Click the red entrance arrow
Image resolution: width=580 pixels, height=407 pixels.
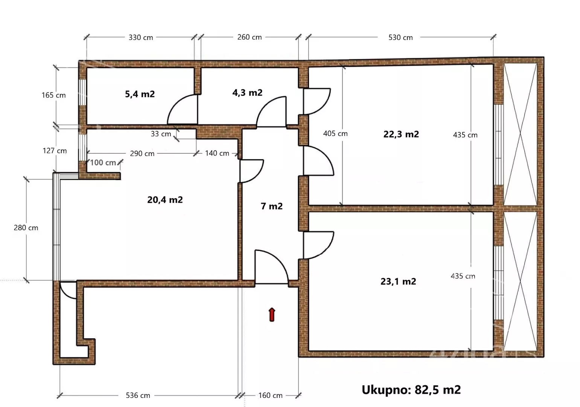coord(272,315)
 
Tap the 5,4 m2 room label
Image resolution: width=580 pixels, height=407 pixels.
coord(140,94)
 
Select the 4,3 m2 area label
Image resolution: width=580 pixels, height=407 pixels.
coord(247,93)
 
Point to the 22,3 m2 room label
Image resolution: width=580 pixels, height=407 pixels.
coord(401,134)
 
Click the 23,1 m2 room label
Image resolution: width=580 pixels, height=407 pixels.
coord(398,281)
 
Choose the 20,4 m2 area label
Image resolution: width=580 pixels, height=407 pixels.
coord(165,200)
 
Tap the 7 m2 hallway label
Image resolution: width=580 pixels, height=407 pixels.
coord(272,206)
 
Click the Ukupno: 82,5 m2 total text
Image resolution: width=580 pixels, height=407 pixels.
coord(411,390)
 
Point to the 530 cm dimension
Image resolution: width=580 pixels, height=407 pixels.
coord(400,38)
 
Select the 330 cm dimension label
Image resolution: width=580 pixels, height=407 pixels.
coord(141,38)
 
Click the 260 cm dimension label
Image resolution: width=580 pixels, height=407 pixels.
coord(249,37)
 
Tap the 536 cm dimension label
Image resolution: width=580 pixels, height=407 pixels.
coord(138,395)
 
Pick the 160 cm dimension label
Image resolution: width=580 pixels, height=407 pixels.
coord(270,395)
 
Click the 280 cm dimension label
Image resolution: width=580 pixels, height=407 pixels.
coord(26,228)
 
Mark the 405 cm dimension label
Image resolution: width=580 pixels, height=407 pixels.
coord(335,133)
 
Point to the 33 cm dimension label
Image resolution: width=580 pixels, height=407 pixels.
coord(161,134)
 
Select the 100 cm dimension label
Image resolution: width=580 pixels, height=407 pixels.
coord(103,162)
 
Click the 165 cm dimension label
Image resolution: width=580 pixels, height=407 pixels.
coord(53,95)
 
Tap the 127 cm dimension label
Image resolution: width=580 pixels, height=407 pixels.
coord(55,151)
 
